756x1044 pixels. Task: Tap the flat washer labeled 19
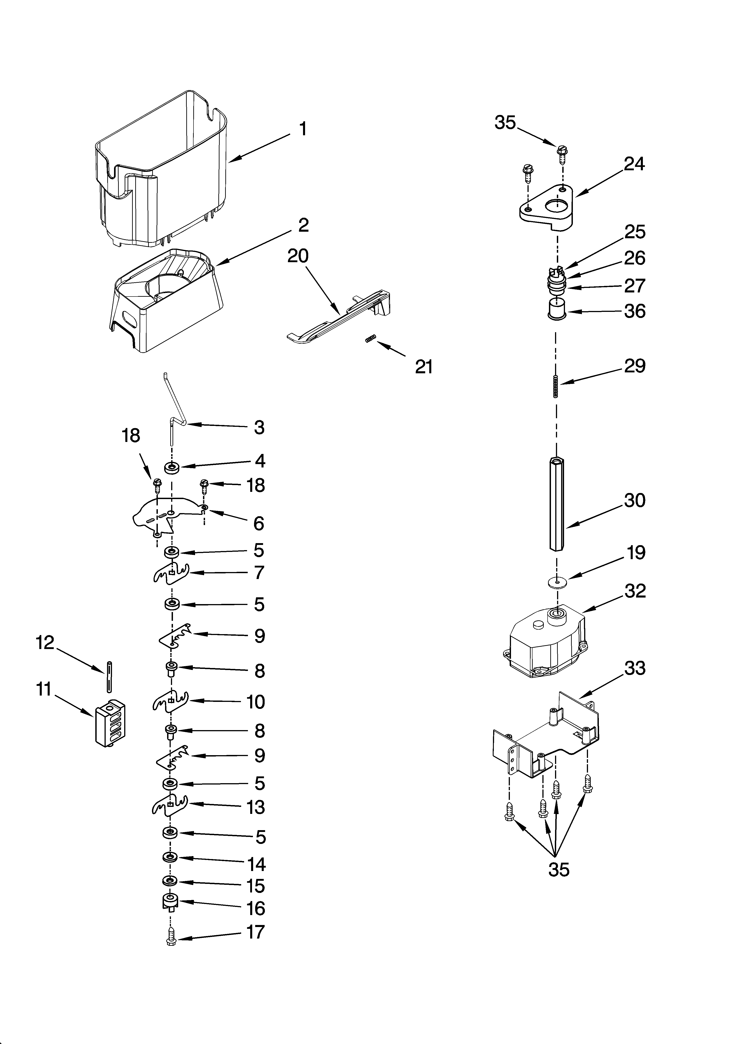tap(557, 582)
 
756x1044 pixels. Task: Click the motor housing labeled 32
tap(546, 645)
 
